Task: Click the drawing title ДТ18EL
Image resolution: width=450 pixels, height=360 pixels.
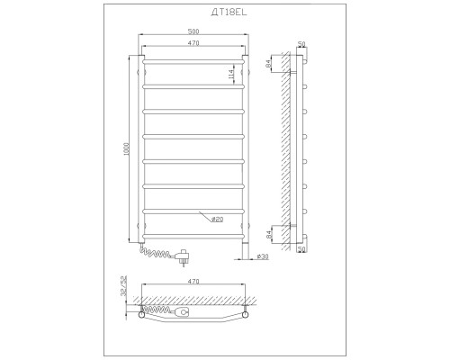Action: click(229, 12)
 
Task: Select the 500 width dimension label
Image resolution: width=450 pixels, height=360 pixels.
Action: click(193, 31)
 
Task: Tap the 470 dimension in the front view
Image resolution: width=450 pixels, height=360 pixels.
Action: click(193, 43)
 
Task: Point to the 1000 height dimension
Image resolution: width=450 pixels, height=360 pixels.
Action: click(127, 148)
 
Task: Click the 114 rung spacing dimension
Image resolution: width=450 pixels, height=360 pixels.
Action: click(231, 75)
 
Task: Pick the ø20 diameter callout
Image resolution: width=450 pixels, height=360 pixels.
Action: click(217, 220)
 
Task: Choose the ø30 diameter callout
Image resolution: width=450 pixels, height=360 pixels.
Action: click(263, 256)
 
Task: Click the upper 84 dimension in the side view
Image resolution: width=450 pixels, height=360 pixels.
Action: click(268, 63)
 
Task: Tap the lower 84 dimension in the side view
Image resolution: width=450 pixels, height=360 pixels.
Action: click(268, 234)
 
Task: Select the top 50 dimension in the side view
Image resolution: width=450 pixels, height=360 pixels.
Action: click(301, 44)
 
